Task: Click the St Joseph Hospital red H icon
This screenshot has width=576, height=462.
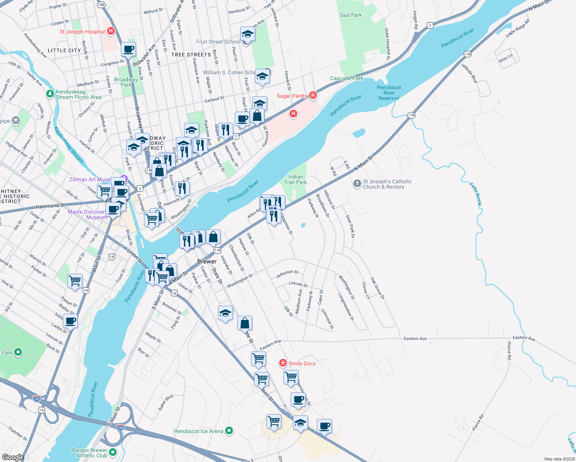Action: point(111,31)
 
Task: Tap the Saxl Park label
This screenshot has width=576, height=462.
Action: point(350,15)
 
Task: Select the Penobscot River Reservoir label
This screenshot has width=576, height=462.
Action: point(389,93)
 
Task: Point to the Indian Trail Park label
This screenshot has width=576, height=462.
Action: point(295,179)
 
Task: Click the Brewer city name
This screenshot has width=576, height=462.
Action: point(207,261)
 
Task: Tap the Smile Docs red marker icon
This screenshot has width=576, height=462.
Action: point(283,363)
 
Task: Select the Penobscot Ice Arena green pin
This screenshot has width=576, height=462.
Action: point(229,431)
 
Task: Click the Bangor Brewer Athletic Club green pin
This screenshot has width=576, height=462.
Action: point(113,452)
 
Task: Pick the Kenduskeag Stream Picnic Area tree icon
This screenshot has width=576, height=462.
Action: point(50,93)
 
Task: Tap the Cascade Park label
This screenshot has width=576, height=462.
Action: point(347,78)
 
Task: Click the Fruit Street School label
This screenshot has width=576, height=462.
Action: point(218,42)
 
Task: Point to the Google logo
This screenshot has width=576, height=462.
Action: point(13,457)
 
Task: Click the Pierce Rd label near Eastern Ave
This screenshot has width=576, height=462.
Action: point(509,350)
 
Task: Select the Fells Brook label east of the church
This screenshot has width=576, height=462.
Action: point(476,194)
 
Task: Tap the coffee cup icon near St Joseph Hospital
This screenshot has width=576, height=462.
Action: point(128,49)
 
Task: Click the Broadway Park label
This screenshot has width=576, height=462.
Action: point(126,82)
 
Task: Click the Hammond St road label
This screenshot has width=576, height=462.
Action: point(50,206)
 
